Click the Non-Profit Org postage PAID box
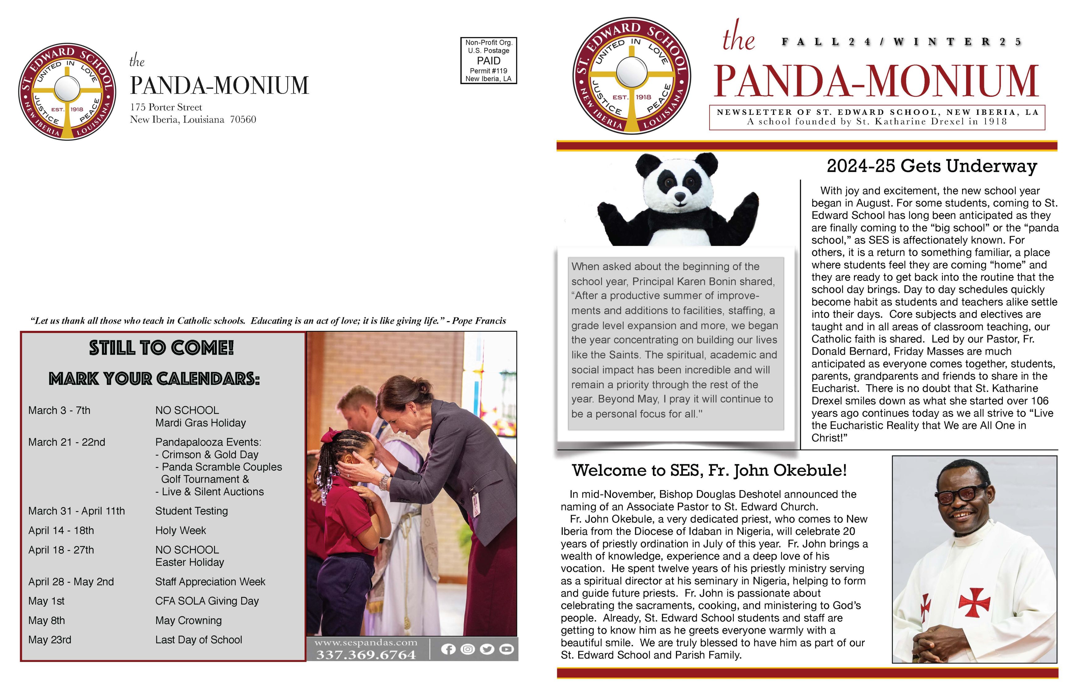(x=488, y=60)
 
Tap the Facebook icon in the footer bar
(x=448, y=649)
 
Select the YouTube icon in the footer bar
(x=507, y=649)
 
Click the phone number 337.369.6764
(x=366, y=655)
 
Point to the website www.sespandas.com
(x=366, y=642)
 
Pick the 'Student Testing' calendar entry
(x=191, y=511)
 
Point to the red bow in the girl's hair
(x=328, y=437)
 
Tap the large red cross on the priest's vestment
(x=974, y=602)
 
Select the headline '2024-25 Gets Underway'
(x=931, y=166)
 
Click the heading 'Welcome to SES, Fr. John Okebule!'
(x=709, y=470)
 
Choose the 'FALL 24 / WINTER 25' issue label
(x=901, y=42)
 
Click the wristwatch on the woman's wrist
(x=384, y=482)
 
